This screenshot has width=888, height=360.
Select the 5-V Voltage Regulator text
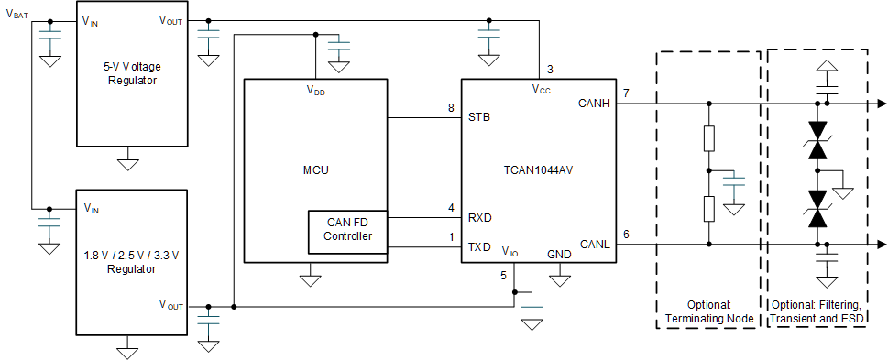(x=128, y=73)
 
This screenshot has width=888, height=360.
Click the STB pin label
(x=478, y=118)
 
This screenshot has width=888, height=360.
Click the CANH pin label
(x=595, y=104)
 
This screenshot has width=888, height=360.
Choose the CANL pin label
(x=596, y=244)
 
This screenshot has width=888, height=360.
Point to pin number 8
(x=451, y=108)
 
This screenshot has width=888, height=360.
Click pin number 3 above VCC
(x=550, y=69)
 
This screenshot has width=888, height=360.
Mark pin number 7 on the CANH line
(x=625, y=93)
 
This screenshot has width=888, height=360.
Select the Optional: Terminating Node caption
(x=709, y=311)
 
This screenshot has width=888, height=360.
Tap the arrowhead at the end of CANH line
(x=881, y=104)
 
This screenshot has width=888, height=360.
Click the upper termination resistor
(x=709, y=139)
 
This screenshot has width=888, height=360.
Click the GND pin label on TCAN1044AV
(x=559, y=254)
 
